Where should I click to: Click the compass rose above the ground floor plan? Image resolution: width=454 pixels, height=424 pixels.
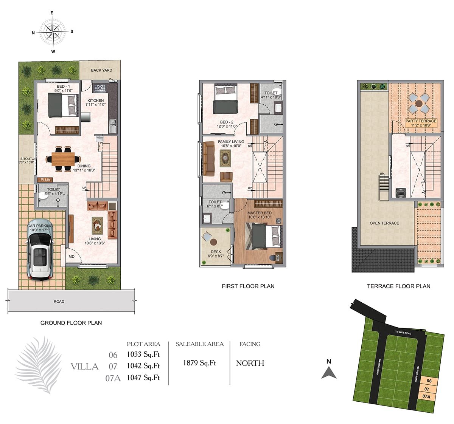[53, 32]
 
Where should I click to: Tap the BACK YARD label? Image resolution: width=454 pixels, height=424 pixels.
[101, 70]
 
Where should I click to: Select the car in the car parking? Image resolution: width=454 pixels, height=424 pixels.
[40, 250]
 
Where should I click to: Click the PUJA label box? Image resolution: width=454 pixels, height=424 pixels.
[45, 180]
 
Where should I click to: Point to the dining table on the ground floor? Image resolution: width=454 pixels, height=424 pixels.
[63, 159]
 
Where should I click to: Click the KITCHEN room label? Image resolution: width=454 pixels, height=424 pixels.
[96, 101]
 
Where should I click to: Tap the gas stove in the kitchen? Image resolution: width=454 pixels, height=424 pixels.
[100, 88]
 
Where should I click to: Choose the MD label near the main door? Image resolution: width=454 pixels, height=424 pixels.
[72, 257]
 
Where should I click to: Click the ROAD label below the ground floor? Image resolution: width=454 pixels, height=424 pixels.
[59, 302]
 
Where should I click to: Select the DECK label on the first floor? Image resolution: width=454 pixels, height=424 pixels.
[216, 252]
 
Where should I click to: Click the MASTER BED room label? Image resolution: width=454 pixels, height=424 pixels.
[260, 213]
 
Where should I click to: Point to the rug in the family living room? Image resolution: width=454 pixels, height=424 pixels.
[225, 158]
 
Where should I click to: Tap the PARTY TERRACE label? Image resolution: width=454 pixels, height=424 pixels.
[421, 121]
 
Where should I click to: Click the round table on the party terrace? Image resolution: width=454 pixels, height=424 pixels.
[419, 104]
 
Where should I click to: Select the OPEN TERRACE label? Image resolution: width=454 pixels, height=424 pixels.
[384, 223]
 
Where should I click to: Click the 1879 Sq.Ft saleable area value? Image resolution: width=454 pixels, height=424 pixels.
[199, 363]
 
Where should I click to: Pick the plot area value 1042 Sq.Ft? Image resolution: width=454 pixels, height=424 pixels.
[143, 366]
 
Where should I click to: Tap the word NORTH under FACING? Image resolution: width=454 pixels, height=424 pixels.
[250, 363]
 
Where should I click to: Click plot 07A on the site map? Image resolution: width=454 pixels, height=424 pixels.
[426, 396]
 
